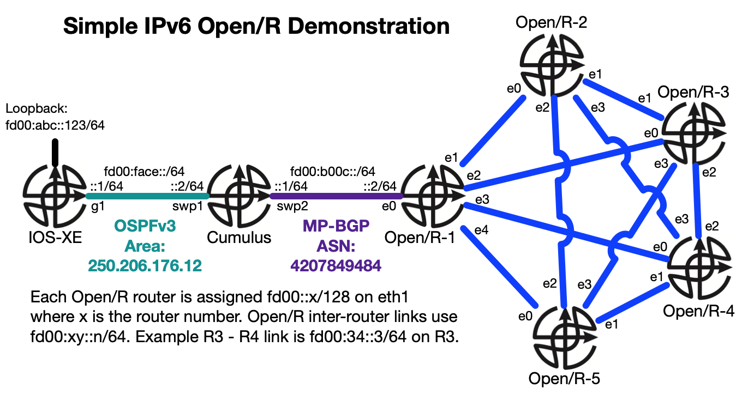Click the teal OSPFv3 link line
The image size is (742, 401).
147,196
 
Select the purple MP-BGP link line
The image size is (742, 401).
336,196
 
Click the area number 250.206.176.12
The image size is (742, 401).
145,266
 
